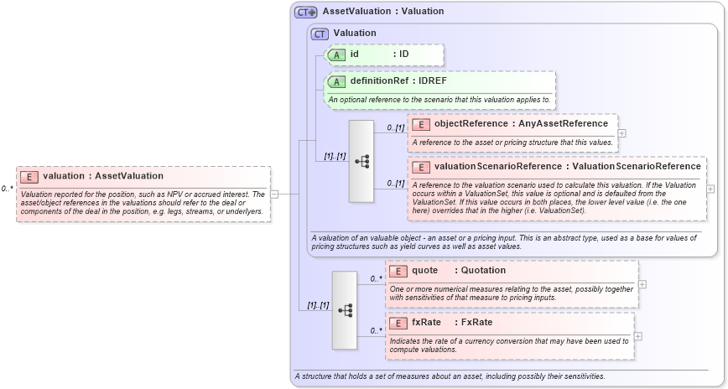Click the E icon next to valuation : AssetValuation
coord(29,176)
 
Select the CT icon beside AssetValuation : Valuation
coord(305,12)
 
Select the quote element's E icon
coord(398,271)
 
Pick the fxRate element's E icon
coord(398,323)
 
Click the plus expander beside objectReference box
coord(621,132)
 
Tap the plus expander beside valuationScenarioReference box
coord(710,189)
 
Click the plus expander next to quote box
coord(642,283)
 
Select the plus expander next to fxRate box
coord(638,336)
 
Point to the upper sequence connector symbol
coord(361,161)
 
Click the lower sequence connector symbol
coord(344,310)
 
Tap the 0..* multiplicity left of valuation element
coord(7,189)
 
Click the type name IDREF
coord(433,81)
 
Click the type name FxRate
coord(476,323)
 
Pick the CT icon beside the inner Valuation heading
coord(320,34)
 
